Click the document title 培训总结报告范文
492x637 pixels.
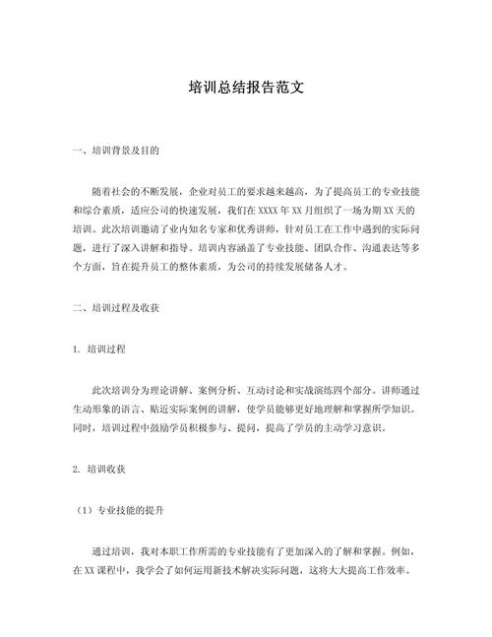[x=245, y=88]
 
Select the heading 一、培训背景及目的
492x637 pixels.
[x=116, y=153]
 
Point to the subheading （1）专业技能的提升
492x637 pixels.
[x=119, y=512]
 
